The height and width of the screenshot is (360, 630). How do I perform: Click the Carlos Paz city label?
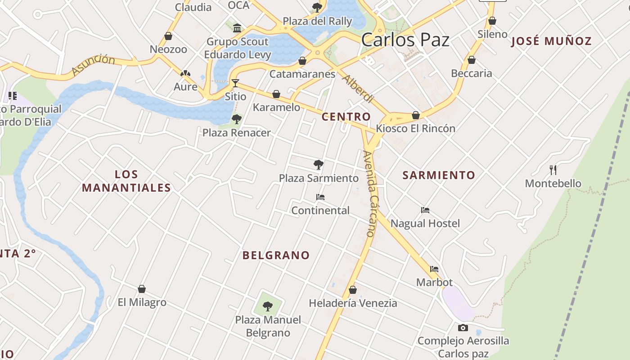coord(405,40)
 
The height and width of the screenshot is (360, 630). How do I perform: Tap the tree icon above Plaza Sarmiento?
coord(319,164)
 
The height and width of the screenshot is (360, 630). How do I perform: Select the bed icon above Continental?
coord(320,197)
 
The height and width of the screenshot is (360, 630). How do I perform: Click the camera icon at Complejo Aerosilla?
coord(463,328)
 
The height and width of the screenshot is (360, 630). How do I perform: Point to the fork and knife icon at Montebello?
coord(553,170)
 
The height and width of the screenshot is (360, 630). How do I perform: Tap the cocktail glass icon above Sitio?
coord(235,83)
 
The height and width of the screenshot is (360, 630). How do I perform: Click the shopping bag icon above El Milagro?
coord(142,288)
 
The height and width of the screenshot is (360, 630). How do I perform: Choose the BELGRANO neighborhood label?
coord(276,255)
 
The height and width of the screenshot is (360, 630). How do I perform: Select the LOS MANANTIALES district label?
coord(126,181)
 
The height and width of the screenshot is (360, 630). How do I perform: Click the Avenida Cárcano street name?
coord(372,193)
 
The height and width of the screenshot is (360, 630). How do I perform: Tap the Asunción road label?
coord(93,65)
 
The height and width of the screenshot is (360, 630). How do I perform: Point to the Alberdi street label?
coord(358,89)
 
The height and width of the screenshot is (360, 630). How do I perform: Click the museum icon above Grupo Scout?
coord(237,28)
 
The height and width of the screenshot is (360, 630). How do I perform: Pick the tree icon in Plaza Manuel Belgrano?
coord(268,306)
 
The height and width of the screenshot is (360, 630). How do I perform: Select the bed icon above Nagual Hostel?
coord(425,210)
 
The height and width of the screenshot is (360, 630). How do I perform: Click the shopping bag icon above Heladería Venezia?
coord(353,290)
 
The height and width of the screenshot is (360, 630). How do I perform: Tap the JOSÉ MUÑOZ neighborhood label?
coord(551,41)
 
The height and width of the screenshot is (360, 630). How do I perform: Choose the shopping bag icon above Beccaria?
coord(472,60)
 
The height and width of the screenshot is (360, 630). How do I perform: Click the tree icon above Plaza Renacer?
coord(236,119)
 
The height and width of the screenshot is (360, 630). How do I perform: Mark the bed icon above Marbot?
coord(434,269)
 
